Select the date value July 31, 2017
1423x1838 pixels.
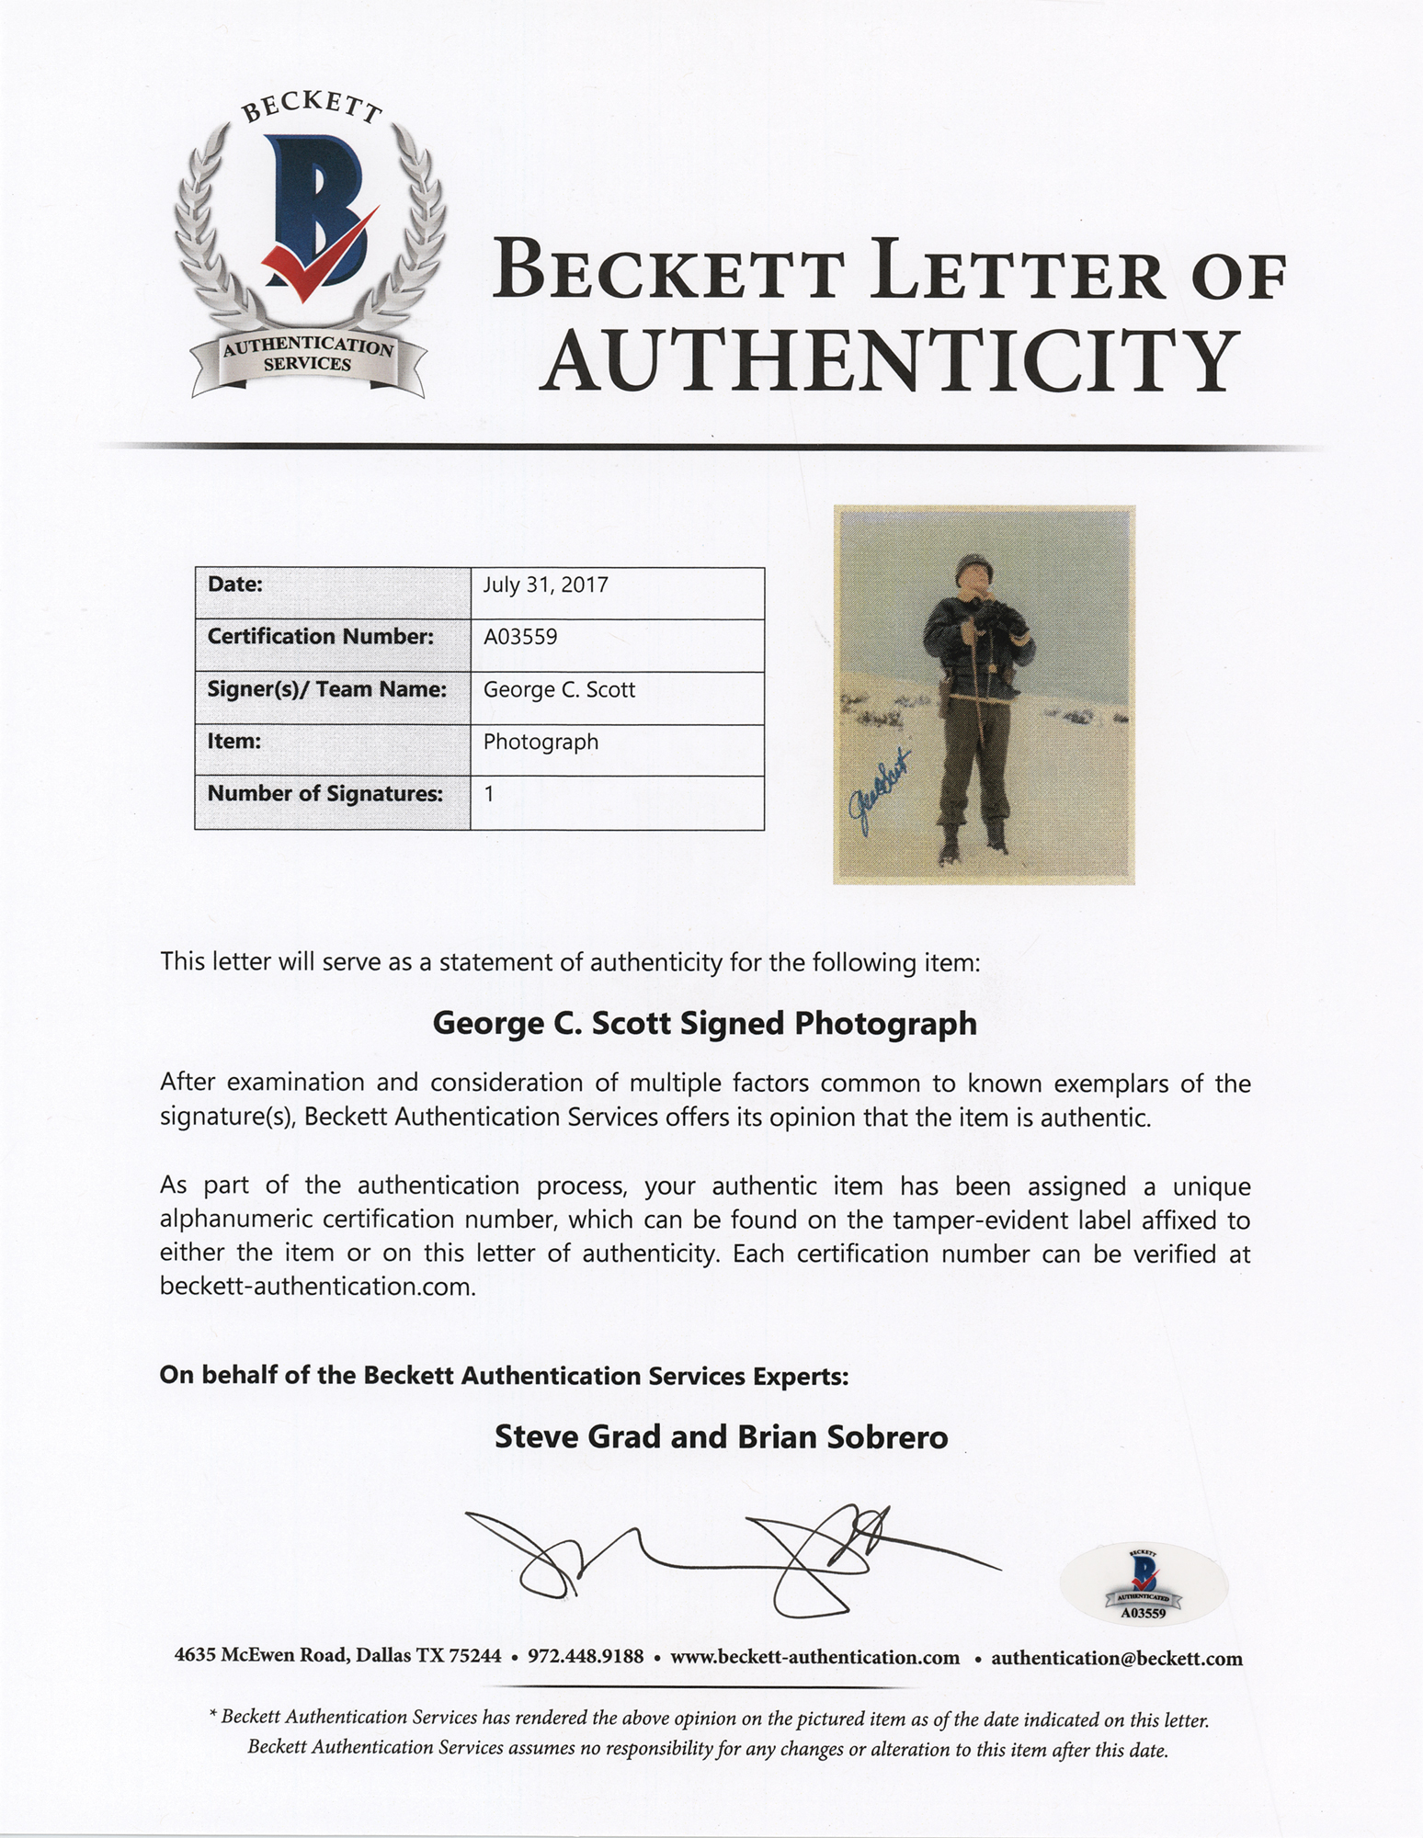click(546, 585)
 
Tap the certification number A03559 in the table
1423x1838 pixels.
click(520, 637)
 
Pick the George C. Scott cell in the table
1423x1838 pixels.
click(559, 689)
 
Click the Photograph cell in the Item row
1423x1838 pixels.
click(541, 742)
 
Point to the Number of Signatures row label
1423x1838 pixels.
click(325, 793)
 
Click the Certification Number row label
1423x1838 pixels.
click(321, 637)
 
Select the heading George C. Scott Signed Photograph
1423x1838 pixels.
click(704, 1024)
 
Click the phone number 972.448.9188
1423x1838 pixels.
click(585, 1658)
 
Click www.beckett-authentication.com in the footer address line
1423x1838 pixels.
click(814, 1658)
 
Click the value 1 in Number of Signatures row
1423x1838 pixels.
click(489, 793)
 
